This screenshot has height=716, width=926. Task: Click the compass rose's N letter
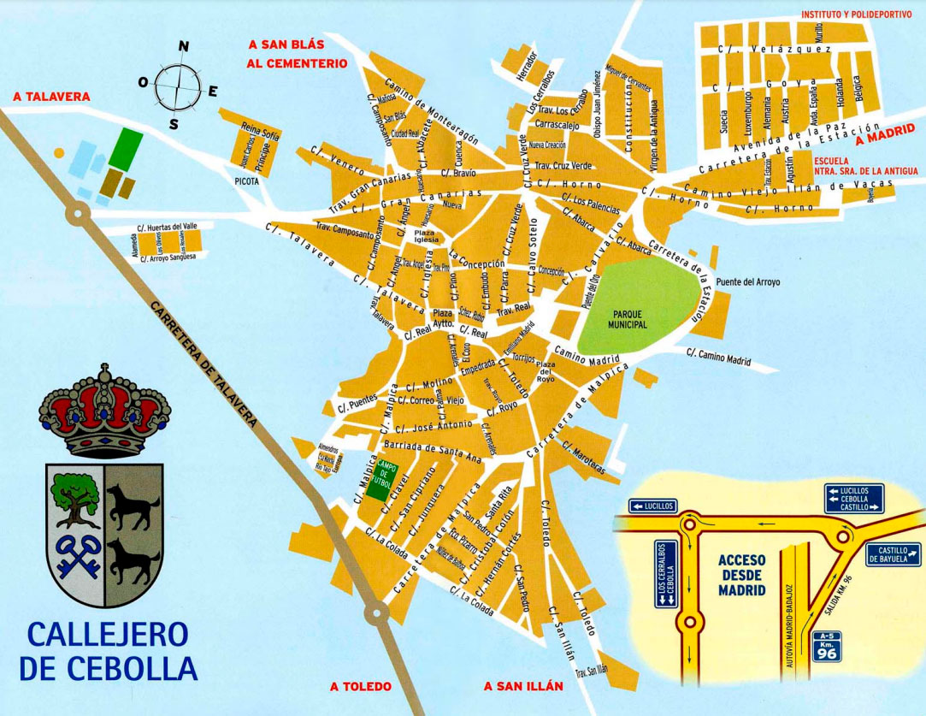pyautogui.click(x=182, y=48)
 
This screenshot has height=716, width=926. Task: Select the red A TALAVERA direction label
pyautogui.click(x=51, y=98)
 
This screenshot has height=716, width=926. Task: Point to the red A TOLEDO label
pyautogui.click(x=360, y=686)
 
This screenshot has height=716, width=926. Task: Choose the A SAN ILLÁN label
pyautogui.click(x=523, y=686)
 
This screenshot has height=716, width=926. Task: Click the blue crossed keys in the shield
pyautogui.click(x=75, y=556)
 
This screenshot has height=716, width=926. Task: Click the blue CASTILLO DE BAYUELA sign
pyautogui.click(x=894, y=555)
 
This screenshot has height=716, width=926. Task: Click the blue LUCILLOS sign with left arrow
pyautogui.click(x=652, y=506)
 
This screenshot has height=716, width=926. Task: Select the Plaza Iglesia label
pyautogui.click(x=425, y=237)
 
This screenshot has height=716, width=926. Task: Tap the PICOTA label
pyautogui.click(x=247, y=181)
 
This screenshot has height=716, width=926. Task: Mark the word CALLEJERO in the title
pyautogui.click(x=108, y=634)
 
